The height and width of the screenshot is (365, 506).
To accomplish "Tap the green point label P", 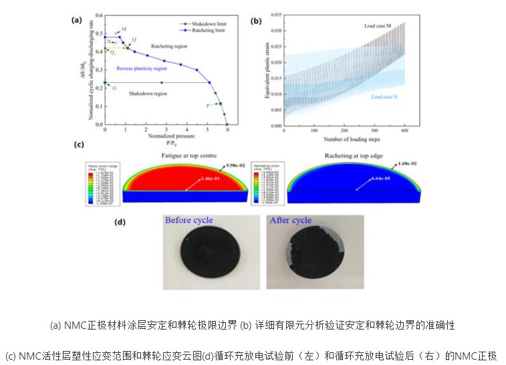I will [208, 105].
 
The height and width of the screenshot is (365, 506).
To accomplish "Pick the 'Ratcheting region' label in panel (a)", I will [169, 46].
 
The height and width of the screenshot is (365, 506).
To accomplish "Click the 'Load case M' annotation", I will [378, 25].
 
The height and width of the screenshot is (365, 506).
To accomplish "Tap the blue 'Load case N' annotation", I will [386, 98].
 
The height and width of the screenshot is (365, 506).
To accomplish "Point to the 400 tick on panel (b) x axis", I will [404, 130].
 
